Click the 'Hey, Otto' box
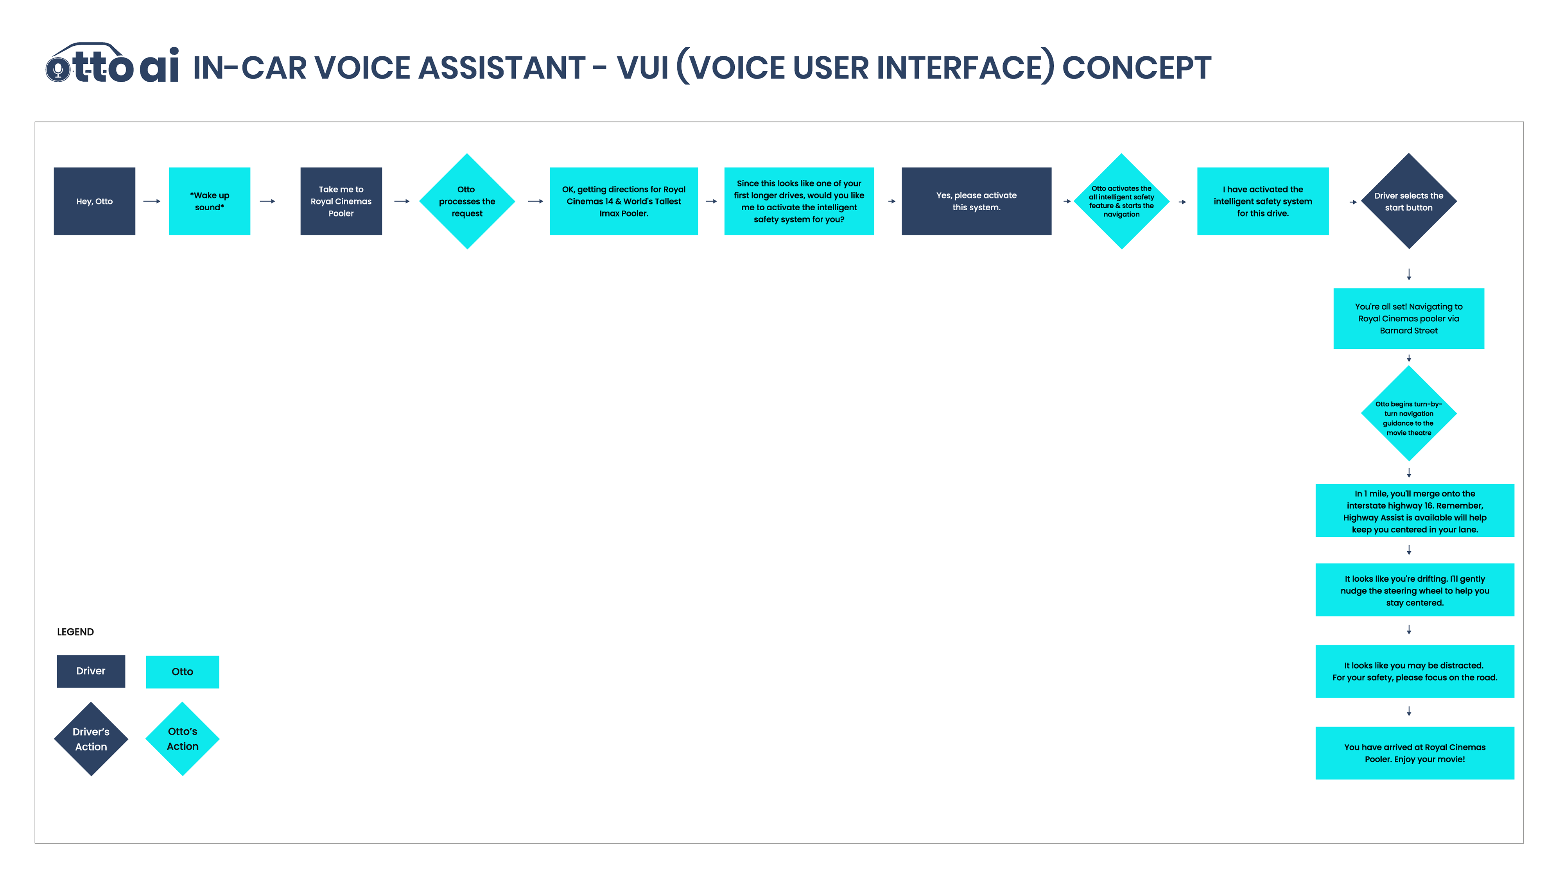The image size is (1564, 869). click(x=94, y=201)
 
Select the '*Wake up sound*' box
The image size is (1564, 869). click(x=210, y=201)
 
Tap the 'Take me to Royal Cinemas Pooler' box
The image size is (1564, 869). click(x=341, y=201)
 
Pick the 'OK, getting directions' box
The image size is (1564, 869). click(x=624, y=201)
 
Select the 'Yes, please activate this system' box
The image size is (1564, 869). click(x=976, y=201)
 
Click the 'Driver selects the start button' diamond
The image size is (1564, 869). click(x=1408, y=201)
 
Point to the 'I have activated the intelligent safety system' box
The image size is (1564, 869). click(x=1263, y=201)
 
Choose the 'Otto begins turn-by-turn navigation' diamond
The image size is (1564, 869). click(x=1408, y=413)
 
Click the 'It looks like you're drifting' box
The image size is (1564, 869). click(x=1415, y=590)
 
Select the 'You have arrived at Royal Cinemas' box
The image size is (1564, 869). click(x=1415, y=753)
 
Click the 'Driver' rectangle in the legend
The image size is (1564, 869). click(x=91, y=671)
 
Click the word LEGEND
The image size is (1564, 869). click(x=75, y=632)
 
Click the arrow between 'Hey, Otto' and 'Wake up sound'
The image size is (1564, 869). click(x=152, y=201)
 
